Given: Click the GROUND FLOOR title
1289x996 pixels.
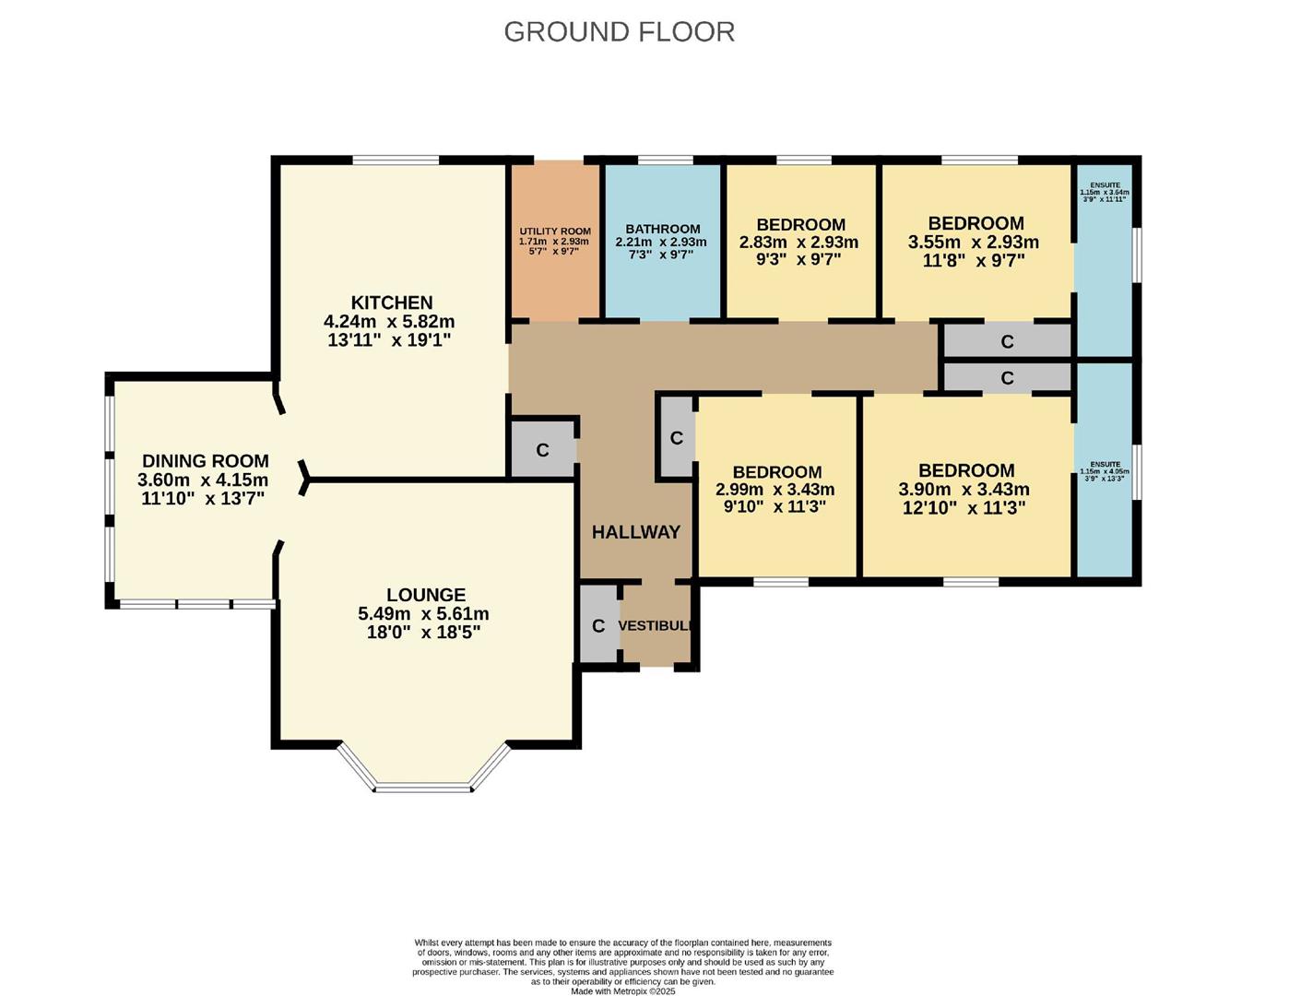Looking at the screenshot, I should pos(619,31).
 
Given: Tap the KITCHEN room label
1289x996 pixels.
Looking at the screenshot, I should pos(391,302).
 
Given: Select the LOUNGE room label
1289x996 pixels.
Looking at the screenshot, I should pos(425,595).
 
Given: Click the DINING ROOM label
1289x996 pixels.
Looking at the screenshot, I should pos(205,461).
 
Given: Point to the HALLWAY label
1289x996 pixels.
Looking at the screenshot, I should pos(635,532).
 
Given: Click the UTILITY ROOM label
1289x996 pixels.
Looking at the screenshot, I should pos(554,231).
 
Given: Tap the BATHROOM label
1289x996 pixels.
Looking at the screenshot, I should pos(662,229).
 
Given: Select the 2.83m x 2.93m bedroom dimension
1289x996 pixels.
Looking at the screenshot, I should pos(798,243).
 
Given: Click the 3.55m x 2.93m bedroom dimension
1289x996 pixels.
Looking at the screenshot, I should pos(974,243).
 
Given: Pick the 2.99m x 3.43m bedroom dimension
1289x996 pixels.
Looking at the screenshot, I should pos(775,490).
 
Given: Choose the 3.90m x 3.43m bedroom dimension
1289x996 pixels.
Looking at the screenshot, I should pos(964,490).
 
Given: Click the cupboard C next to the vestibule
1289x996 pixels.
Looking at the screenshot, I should pos(598,626).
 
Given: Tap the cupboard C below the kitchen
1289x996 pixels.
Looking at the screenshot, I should pos(542,450).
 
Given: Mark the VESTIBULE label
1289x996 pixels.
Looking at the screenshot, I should pos(655,625).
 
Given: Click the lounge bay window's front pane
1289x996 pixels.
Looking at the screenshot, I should pos(423,788).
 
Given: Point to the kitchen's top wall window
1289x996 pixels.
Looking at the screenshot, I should pos(396,160).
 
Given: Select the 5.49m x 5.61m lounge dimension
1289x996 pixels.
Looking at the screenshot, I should pos(423,614).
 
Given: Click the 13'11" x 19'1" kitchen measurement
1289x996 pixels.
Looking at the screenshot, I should pos(389,340).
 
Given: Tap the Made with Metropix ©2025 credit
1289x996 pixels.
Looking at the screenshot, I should pos(622,991).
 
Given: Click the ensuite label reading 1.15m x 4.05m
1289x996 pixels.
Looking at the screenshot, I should pos(1105,471).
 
